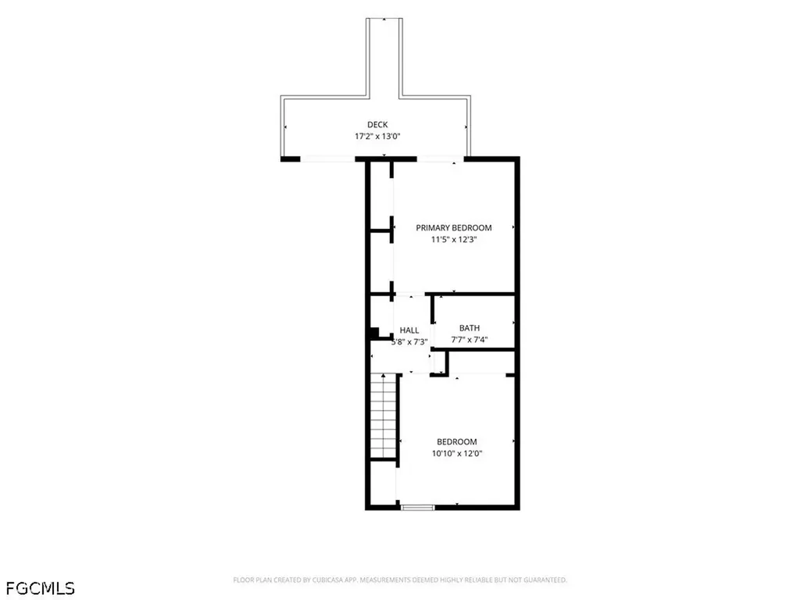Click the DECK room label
point(377,124)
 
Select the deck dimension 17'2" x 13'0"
point(377,136)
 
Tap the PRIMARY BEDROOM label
point(454,227)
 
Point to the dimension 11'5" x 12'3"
point(454,239)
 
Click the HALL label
point(409,330)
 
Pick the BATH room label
point(470,328)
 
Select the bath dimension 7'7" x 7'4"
point(470,340)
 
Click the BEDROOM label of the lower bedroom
point(456,442)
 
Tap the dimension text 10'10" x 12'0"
point(456,453)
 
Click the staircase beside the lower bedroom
point(384,416)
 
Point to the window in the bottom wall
point(418,507)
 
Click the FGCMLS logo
point(41,588)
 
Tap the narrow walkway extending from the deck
point(384,57)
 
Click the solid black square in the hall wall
point(374,333)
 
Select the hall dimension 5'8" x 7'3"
point(409,342)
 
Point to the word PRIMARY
point(433,227)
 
